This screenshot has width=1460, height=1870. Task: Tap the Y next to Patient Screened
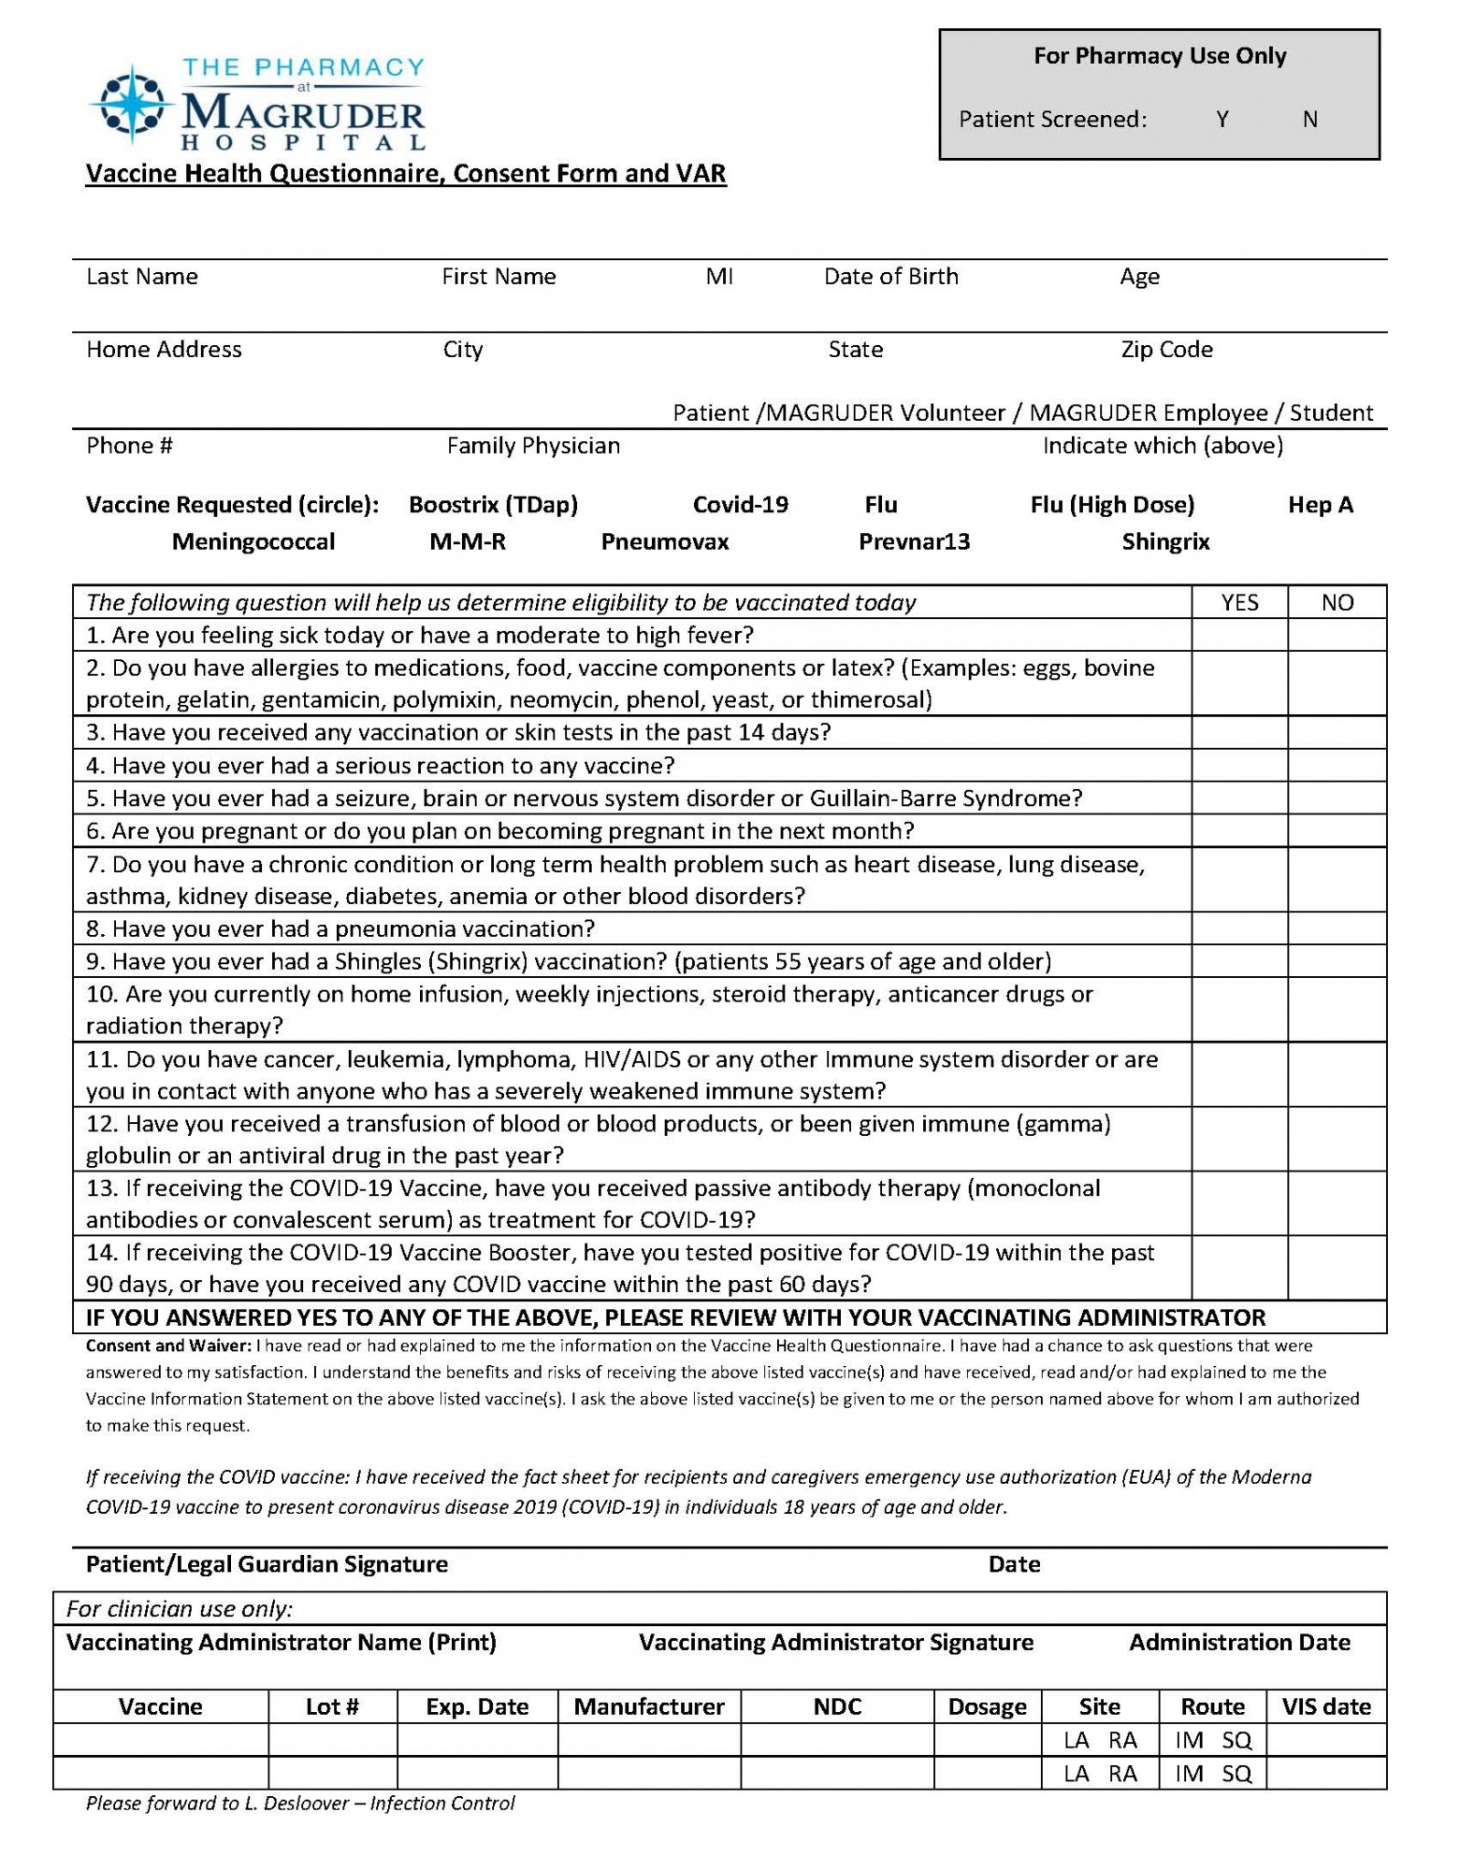(x=1222, y=120)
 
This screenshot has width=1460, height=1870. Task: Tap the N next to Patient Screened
(x=1310, y=120)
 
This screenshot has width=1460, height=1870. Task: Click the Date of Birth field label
(x=890, y=277)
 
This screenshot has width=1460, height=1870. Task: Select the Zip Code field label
(x=1166, y=350)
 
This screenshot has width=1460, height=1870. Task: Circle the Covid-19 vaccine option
(x=740, y=505)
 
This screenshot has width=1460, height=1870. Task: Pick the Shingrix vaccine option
(x=1165, y=542)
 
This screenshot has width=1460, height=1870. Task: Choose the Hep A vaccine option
(x=1320, y=505)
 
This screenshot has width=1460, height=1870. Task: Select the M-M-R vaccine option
(x=468, y=542)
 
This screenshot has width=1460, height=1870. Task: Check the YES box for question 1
(x=1239, y=636)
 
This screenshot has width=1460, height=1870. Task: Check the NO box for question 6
(x=1337, y=831)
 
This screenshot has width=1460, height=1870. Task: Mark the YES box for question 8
(x=1239, y=928)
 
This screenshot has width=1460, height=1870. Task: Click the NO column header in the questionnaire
(x=1337, y=603)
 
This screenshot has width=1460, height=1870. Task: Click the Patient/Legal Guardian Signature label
(x=267, y=1564)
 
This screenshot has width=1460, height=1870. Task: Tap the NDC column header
(x=837, y=1706)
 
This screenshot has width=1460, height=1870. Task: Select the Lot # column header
(x=332, y=1706)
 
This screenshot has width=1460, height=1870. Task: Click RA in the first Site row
(x=1122, y=1740)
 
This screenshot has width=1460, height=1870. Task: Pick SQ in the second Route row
(x=1236, y=1774)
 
